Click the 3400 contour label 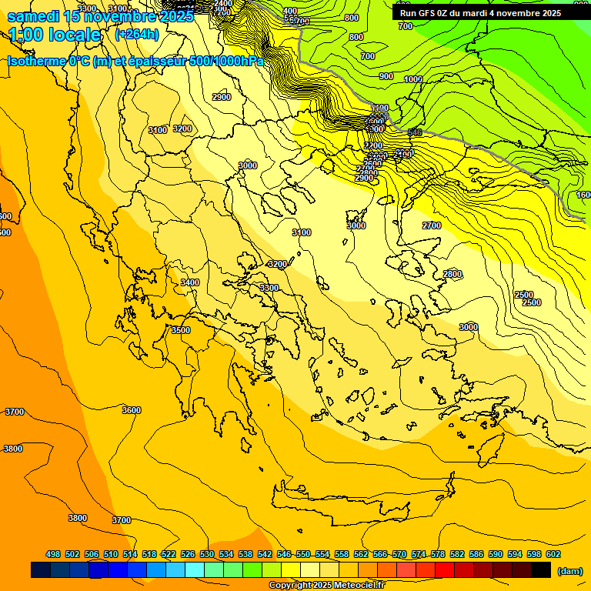pyautogui.click(x=189, y=282)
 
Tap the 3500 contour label pyautogui.click(x=180, y=329)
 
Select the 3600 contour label pyautogui.click(x=132, y=410)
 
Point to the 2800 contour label pyautogui.click(x=452, y=274)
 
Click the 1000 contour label pyautogui.click(x=413, y=79)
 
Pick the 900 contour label pyautogui.click(x=386, y=76)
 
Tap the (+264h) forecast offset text pyautogui.click(x=137, y=34)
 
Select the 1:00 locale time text pyautogui.click(x=55, y=35)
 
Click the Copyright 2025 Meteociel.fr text pyautogui.click(x=326, y=585)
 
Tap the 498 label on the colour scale pyautogui.click(x=53, y=554)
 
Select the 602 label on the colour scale pyautogui.click(x=553, y=554)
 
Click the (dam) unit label pyautogui.click(x=569, y=570)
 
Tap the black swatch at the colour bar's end pyautogui.click(x=541, y=570)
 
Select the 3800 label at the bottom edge pyautogui.click(x=77, y=518)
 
